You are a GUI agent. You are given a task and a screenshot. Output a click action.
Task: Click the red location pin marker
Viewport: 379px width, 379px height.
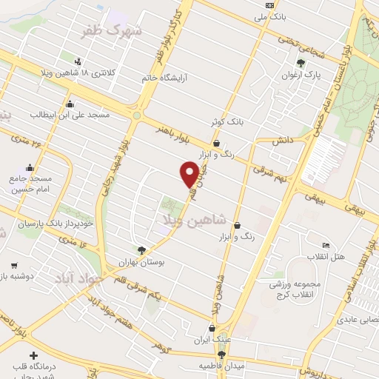click(x=189, y=175)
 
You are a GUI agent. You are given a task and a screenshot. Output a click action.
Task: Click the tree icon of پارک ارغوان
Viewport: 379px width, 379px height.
click(x=300, y=63)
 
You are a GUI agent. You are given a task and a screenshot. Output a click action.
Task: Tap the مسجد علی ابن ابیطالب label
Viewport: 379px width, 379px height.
click(x=70, y=115)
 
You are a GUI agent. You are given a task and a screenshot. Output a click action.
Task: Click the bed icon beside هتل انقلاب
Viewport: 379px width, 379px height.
click(x=326, y=245)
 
